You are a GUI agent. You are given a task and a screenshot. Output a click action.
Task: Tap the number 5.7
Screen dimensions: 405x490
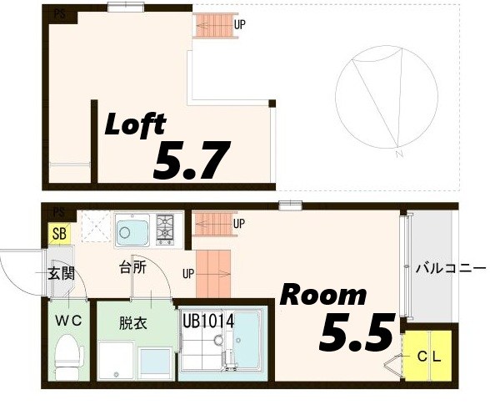click(191, 159)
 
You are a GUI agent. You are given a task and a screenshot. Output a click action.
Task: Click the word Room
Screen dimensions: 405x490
click(322, 294)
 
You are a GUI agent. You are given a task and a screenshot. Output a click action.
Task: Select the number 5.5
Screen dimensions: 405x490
click(356, 332)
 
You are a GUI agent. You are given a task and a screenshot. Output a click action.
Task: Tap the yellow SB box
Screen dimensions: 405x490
click(60, 234)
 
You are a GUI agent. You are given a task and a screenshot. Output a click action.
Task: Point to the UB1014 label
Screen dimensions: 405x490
click(207, 321)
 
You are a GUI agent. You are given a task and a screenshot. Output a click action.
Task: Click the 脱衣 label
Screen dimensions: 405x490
click(132, 322)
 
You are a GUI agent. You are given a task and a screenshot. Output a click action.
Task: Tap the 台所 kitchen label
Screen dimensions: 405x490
click(133, 268)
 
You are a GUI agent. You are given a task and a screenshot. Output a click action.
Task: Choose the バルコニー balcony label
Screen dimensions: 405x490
click(449, 269)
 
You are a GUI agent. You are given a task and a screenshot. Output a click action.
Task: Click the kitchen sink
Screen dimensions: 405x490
click(132, 228)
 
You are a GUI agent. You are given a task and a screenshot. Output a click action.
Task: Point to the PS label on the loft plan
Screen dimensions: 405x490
click(58, 13)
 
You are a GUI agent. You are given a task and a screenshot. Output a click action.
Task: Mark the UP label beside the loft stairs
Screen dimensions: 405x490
click(239, 24)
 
